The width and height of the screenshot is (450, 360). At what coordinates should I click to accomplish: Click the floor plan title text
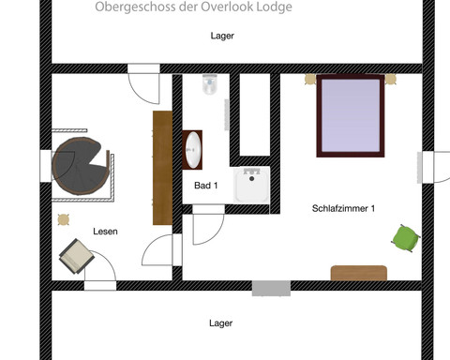click(x=193, y=7)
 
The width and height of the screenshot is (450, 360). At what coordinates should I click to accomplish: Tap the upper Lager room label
click(x=222, y=37)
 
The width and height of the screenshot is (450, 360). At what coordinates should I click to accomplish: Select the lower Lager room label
click(x=221, y=323)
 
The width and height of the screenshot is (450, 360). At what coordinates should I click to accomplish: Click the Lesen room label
click(x=105, y=231)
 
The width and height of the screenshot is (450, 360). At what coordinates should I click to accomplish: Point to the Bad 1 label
click(x=206, y=186)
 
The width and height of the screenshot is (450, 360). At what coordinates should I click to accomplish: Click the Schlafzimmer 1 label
click(x=343, y=208)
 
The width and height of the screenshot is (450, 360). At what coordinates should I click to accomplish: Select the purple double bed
click(x=351, y=116)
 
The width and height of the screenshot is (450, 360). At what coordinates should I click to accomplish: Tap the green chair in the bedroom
click(x=404, y=238)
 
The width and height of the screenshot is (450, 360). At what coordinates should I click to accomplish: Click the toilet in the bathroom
click(x=210, y=87)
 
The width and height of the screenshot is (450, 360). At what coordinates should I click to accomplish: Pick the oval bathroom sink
click(x=193, y=148)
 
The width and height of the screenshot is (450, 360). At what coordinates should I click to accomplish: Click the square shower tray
click(x=251, y=185)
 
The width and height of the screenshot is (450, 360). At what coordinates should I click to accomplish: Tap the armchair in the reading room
click(x=76, y=254)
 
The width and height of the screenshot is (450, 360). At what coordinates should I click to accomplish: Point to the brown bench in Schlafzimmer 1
click(x=358, y=273)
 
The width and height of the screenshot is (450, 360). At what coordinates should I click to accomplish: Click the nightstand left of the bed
click(x=309, y=81)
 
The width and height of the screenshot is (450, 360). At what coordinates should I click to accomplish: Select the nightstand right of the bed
click(x=392, y=81)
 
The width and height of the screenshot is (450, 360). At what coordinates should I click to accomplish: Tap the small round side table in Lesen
click(x=63, y=220)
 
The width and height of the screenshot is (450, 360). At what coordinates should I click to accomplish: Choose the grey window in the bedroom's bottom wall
click(x=270, y=288)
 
